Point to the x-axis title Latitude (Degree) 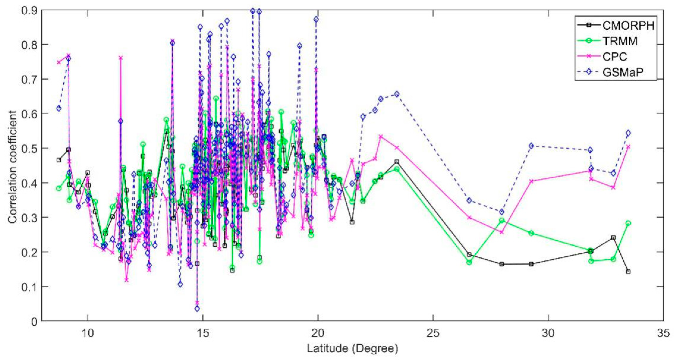[352, 348]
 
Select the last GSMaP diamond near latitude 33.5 [628, 133]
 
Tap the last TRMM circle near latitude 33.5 [628, 223]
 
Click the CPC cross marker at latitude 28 [502, 232]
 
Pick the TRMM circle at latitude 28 [502, 220]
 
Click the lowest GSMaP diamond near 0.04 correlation [197, 309]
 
